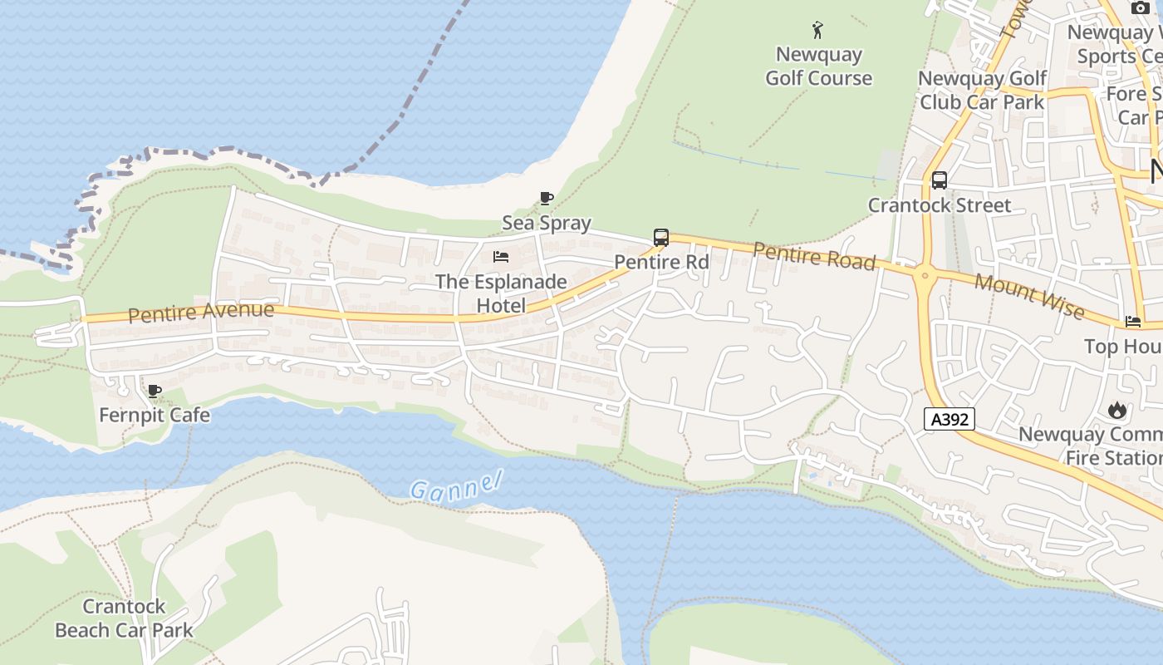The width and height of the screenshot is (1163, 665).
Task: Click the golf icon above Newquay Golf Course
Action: point(818,31)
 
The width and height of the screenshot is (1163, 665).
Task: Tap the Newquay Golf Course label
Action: point(818,66)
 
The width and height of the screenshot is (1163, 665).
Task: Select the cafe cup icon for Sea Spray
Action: point(546,198)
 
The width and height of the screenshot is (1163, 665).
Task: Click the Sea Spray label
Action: point(546,223)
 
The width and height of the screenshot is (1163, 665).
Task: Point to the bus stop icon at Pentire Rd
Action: point(661,238)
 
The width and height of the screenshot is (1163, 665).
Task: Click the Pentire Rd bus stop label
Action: point(661,262)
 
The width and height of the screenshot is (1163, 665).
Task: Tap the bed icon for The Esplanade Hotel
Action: point(500,256)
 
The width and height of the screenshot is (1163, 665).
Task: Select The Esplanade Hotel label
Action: point(501,293)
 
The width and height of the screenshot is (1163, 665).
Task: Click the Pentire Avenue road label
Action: point(201,313)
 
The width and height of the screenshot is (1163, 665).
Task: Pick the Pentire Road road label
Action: point(814,256)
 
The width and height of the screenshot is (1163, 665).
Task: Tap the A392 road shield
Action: point(949,419)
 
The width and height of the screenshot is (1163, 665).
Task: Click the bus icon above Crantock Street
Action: point(939,180)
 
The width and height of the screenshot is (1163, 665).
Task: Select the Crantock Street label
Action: point(939,205)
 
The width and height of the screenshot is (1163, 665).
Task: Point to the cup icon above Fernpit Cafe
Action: point(154,391)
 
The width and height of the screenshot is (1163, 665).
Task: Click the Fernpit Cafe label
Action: point(154,415)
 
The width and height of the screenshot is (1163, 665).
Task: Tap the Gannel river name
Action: point(457,485)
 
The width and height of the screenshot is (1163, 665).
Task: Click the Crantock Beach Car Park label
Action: point(124,618)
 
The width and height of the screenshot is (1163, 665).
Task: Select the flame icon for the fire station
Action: point(1117,410)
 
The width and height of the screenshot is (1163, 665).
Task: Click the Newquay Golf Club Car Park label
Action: point(982,91)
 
